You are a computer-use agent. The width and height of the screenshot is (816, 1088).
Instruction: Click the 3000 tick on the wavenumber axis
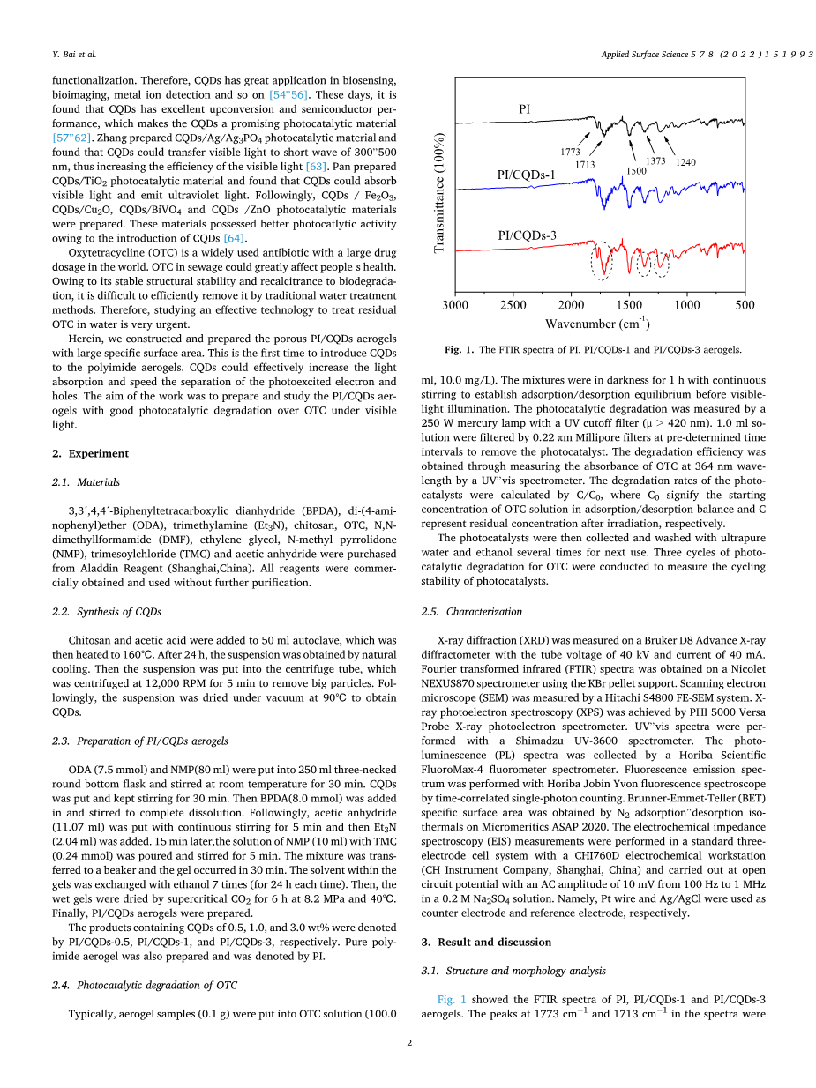[455, 305]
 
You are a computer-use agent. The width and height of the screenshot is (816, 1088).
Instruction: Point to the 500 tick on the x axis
[745, 305]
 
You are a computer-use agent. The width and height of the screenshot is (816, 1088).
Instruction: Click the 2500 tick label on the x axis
[513, 305]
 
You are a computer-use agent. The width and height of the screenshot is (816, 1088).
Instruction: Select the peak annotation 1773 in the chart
[571, 153]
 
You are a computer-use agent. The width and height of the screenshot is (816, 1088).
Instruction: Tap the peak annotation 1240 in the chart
[685, 162]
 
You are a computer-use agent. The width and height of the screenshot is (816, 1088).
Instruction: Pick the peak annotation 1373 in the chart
[655, 160]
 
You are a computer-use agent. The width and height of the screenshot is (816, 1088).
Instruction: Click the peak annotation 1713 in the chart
[585, 165]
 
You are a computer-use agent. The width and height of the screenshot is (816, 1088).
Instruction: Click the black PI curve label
[523, 108]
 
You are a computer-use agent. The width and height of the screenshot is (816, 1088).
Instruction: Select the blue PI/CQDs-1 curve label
[527, 175]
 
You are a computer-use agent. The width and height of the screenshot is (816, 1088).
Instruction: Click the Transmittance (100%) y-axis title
[439, 193]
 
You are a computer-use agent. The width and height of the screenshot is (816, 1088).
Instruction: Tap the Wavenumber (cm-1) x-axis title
[597, 324]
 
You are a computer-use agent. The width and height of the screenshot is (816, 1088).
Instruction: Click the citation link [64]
[235, 237]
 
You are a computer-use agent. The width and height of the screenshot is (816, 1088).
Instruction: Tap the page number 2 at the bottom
[409, 1043]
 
